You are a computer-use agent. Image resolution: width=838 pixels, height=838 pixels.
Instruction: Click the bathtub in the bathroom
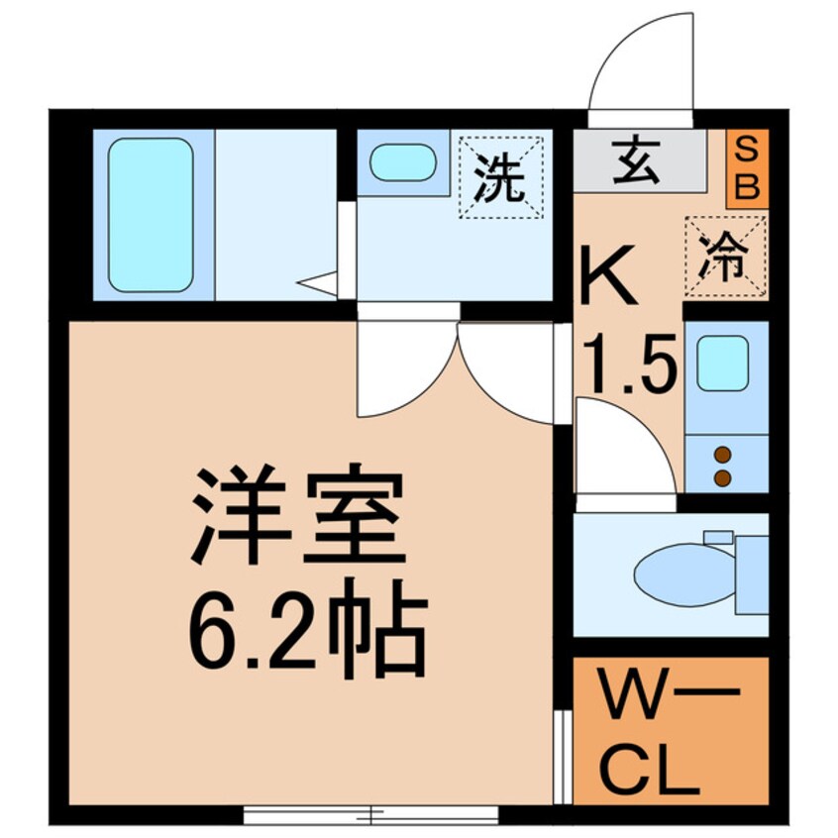click(x=151, y=214)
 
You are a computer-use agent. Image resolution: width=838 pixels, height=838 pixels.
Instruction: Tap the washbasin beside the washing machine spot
click(x=402, y=162)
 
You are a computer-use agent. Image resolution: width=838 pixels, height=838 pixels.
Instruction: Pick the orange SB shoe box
click(x=748, y=168)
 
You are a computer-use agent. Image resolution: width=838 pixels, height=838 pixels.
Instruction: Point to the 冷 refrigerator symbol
click(x=726, y=257)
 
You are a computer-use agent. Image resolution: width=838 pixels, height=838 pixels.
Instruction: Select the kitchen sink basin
click(x=722, y=363)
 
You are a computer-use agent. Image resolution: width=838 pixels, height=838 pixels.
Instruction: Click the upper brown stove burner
click(x=722, y=456)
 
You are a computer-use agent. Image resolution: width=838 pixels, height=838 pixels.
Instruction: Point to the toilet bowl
click(x=683, y=573)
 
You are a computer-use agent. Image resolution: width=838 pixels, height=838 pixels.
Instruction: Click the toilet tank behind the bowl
click(x=753, y=573)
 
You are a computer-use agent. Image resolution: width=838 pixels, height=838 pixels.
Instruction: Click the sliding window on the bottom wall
click(x=370, y=815)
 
